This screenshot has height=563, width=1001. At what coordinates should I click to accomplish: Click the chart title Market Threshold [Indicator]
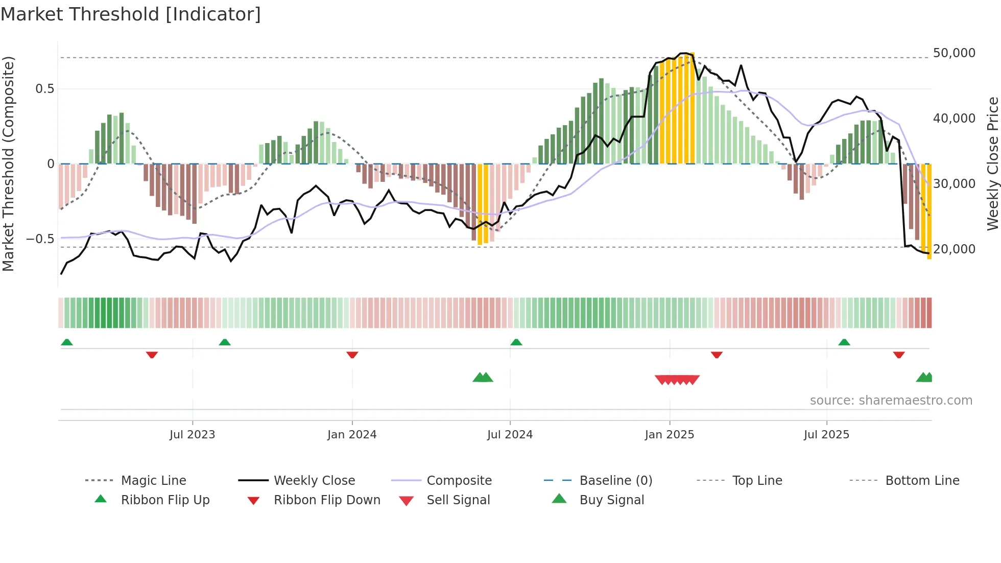[131, 14]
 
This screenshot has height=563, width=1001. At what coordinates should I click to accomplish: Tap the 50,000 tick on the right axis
[954, 53]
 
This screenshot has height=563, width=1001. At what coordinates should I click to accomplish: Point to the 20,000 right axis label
[954, 249]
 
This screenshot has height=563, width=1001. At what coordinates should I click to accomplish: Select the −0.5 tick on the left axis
[40, 239]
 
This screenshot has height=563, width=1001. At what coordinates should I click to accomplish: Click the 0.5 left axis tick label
[44, 89]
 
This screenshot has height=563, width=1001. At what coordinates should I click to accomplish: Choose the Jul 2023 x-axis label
[192, 435]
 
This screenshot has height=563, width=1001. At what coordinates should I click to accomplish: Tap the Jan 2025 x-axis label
[669, 435]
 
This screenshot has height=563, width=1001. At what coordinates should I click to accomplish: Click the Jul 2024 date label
[510, 435]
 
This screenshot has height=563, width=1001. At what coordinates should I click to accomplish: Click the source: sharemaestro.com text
[891, 401]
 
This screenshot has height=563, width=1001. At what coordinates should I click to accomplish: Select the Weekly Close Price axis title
[992, 163]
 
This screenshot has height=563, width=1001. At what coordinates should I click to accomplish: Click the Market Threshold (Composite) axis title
[8, 163]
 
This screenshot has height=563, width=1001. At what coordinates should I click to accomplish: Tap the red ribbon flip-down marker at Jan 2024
[352, 355]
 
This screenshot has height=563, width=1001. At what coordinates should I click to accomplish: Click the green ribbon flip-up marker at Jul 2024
[516, 342]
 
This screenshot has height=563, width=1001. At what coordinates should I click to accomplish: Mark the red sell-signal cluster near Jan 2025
[677, 380]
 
